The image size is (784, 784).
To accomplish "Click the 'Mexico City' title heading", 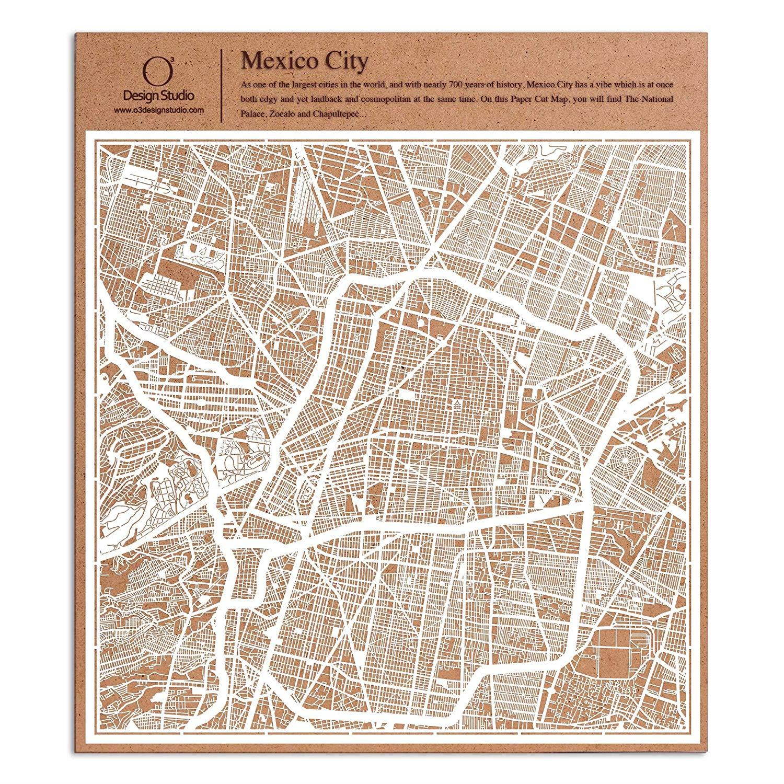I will [x=305, y=61].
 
